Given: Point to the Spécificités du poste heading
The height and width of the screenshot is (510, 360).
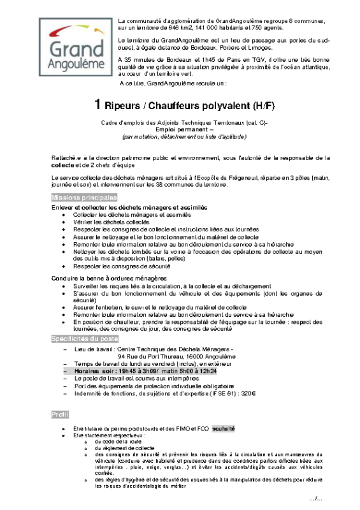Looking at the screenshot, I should [x=85, y=339].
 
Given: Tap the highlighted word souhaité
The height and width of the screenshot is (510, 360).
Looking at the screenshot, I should [x=224, y=428].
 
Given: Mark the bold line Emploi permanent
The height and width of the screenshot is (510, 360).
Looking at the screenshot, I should [x=182, y=129].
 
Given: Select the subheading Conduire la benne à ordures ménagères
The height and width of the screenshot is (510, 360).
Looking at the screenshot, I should [x=109, y=279].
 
